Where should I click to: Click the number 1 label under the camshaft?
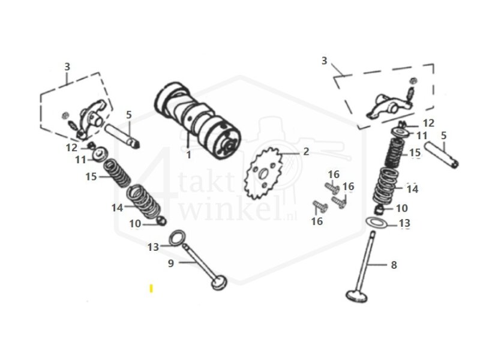pos(188,155)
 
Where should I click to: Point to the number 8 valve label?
pos(394,265)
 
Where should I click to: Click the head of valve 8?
pos(358,295)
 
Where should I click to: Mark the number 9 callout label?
pos(170,263)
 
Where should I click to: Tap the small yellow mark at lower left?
pos(151,289)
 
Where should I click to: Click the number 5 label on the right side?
pos(443,136)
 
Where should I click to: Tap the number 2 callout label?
pos(305,151)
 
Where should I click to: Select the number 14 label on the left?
pos(116,207)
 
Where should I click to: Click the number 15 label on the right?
pos(415,153)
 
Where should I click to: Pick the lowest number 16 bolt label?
pos(317,221)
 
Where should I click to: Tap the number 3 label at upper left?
pos(67,67)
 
